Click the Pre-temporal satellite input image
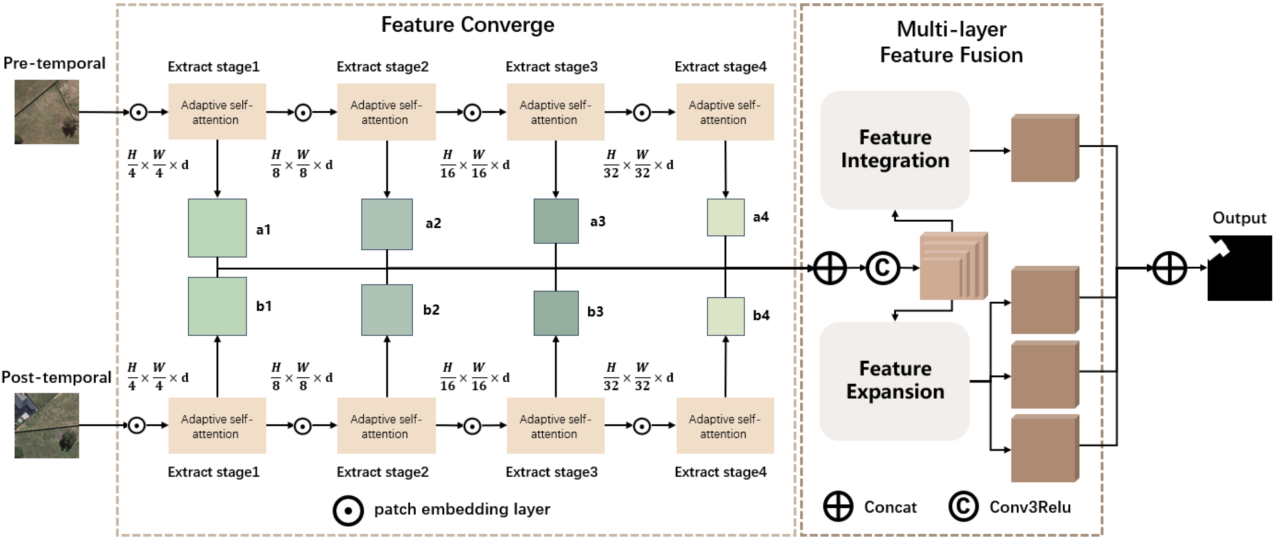pyautogui.click(x=47, y=112)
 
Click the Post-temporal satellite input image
pyautogui.click(x=47, y=425)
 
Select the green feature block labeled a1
pyautogui.click(x=217, y=228)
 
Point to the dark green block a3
pyautogui.click(x=556, y=221)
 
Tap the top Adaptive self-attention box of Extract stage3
pyautogui.click(x=555, y=112)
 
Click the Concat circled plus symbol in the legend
pyautogui.click(x=838, y=506)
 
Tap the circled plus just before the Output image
pyautogui.click(x=1170, y=268)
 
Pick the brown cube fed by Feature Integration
pyautogui.click(x=1044, y=148)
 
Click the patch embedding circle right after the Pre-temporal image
pyautogui.click(x=138, y=112)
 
